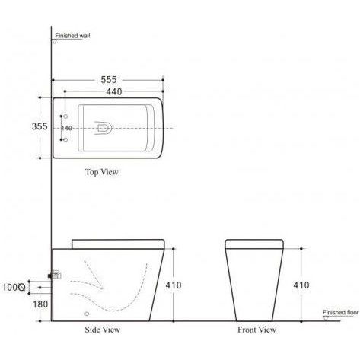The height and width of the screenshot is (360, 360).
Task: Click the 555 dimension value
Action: (x=109, y=80)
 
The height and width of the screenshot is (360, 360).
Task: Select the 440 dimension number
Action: (x=114, y=91)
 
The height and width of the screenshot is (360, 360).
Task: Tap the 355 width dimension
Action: (x=40, y=126)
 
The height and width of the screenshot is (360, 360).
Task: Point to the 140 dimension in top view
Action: (x=67, y=128)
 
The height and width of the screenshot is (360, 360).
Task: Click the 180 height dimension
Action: (x=40, y=304)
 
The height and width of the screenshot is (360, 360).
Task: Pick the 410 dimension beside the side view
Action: (x=174, y=285)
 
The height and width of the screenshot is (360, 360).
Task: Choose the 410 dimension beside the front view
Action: (x=301, y=285)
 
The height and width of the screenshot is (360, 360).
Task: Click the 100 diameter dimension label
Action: (x=14, y=288)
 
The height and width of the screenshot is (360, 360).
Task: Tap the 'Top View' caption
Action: (x=102, y=172)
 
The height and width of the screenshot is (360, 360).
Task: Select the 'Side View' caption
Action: (x=103, y=330)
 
